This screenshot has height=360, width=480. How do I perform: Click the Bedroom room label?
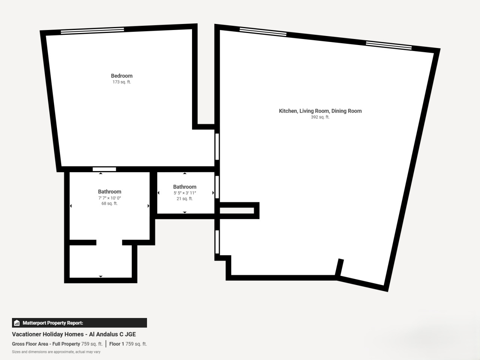pos(121,76)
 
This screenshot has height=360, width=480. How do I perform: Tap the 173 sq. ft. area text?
pos(121,82)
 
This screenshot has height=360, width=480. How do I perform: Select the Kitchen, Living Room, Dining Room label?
pos(320,111)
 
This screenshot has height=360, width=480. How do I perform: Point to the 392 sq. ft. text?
pos(320,117)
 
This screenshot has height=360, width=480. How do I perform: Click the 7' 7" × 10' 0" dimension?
pos(109,198)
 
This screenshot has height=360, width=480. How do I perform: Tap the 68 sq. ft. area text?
pos(109,204)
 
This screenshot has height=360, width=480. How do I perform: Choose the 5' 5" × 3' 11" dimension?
pos(185,193)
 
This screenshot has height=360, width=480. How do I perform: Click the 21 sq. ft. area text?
pos(185,199)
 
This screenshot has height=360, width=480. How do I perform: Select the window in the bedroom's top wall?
pos(92,31)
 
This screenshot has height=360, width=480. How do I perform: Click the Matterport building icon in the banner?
pos(17,323)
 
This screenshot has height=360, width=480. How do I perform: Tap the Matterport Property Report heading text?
pos(53,323)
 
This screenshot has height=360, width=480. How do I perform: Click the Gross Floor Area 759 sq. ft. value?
pos(92,344)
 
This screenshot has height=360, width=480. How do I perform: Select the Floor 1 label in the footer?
pos(117,344)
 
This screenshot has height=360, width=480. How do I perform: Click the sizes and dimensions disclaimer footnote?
pos(56,352)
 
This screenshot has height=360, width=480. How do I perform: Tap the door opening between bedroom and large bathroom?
pos(104,169)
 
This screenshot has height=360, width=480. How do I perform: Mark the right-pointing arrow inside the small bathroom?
pos(213,193)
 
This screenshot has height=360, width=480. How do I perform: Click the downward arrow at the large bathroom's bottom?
pos(100,276)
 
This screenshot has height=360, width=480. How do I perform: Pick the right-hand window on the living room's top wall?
pos(389,45)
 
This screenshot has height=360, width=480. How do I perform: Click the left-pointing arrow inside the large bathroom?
pos(70,206)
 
